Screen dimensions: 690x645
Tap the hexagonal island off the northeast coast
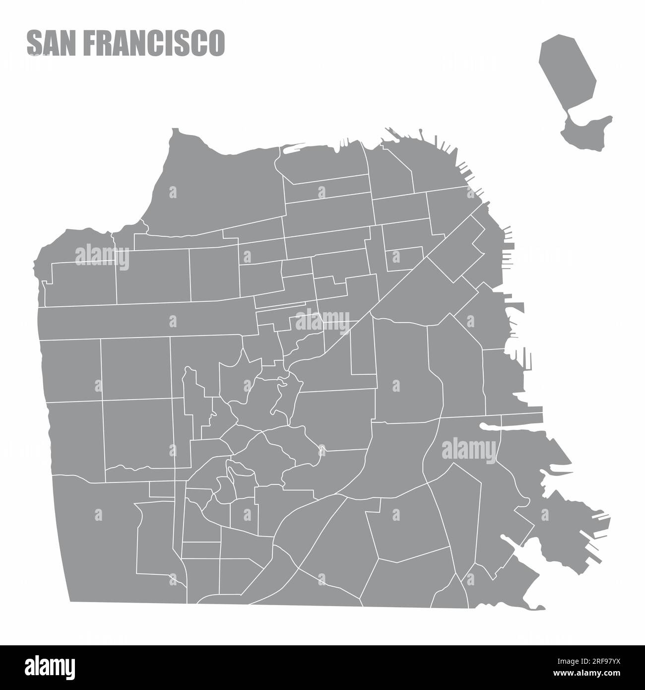[568, 69]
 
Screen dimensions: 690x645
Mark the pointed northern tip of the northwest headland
[175, 130]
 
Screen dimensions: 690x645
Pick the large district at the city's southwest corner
[99, 541]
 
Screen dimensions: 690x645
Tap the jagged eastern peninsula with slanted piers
[571, 521]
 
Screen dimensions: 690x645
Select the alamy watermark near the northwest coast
[102, 257]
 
